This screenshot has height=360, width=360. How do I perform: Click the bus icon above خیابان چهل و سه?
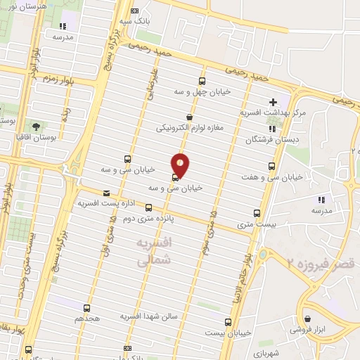[x=202, y=81]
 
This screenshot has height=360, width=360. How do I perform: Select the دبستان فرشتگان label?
[x=271, y=140]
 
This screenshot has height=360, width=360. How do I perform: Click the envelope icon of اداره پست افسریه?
[x=106, y=193]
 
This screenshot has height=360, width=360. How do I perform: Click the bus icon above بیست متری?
[x=257, y=213]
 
